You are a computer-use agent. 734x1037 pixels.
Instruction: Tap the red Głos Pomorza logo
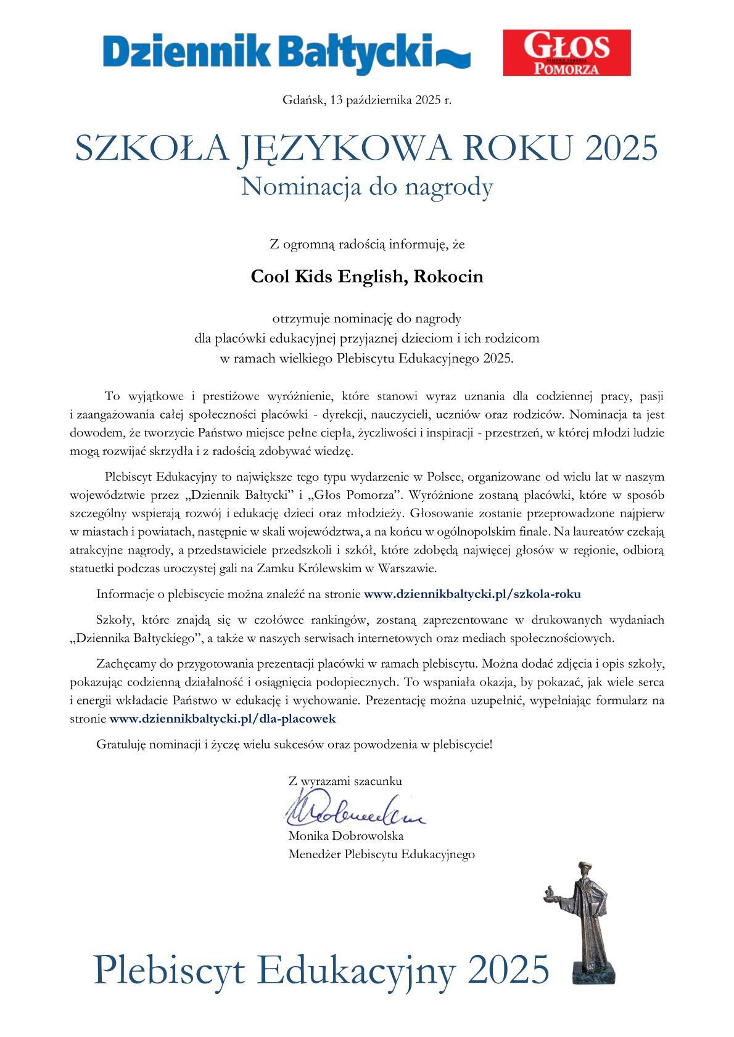566,54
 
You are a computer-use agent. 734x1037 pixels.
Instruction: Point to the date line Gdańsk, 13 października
366,99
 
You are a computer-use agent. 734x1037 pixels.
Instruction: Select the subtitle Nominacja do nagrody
366,186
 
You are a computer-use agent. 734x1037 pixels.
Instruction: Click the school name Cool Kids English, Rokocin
366,277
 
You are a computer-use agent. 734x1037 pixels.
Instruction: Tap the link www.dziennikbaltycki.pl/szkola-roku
472,594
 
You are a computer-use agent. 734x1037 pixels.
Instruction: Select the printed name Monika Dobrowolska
345,836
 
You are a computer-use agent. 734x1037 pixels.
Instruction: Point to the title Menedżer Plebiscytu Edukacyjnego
381,854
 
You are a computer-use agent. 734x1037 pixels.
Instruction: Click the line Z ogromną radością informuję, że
366,245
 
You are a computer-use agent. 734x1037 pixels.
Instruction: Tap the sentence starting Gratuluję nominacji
295,744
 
